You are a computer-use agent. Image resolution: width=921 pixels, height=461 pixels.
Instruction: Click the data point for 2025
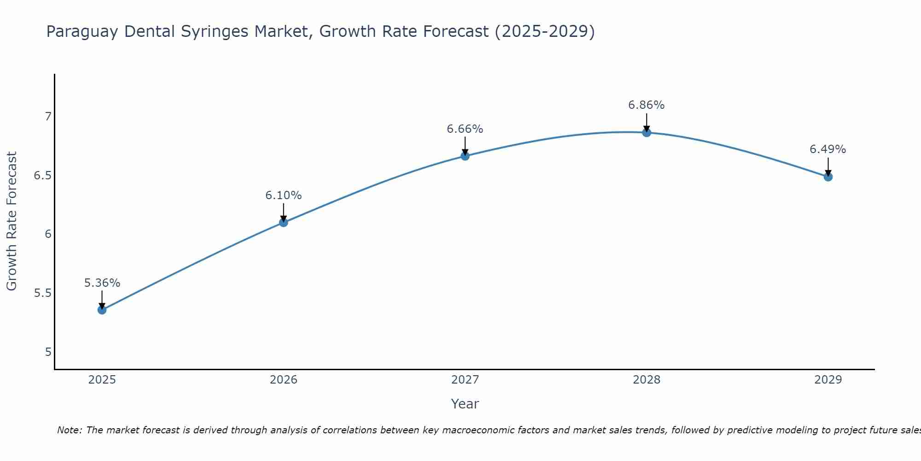[102, 310]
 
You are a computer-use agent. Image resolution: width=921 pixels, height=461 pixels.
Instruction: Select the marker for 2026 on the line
[283, 223]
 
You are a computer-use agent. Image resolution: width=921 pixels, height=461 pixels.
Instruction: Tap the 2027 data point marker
[465, 156]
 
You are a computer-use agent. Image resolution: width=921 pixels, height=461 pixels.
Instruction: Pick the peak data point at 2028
[647, 133]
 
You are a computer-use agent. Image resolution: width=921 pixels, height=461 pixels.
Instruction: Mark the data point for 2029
[828, 177]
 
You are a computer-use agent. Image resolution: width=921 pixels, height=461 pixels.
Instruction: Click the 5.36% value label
[102, 283]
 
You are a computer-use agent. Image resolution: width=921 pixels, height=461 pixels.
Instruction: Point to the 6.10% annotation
[283, 195]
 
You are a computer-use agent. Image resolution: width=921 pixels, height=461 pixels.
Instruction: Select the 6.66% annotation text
[465, 129]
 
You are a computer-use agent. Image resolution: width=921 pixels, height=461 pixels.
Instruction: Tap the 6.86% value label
[647, 105]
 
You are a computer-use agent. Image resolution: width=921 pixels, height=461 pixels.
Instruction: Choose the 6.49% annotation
[828, 149]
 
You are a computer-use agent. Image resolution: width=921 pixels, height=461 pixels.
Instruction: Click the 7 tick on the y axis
[48, 116]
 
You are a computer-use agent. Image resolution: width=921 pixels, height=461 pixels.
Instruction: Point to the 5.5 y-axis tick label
[43, 293]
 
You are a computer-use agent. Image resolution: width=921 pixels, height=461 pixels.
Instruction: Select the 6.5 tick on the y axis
[43, 176]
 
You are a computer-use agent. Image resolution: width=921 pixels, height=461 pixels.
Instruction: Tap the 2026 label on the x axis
[283, 380]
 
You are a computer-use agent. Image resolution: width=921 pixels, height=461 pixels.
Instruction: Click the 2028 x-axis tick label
[647, 380]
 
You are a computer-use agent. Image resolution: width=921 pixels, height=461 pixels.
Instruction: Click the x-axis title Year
[465, 404]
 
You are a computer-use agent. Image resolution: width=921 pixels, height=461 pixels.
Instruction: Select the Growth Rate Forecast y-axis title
[12, 221]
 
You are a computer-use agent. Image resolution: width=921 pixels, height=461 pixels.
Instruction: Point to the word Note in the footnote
[69, 430]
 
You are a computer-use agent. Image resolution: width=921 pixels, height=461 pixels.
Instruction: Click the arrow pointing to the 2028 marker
[647, 122]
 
